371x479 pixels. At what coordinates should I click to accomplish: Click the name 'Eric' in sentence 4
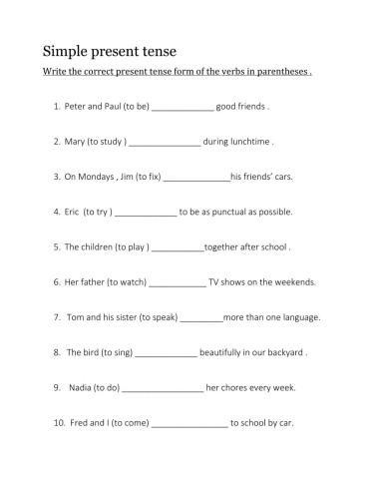pyautogui.click(x=72, y=212)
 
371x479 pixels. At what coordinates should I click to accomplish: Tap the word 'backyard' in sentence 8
pyautogui.click(x=282, y=352)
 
